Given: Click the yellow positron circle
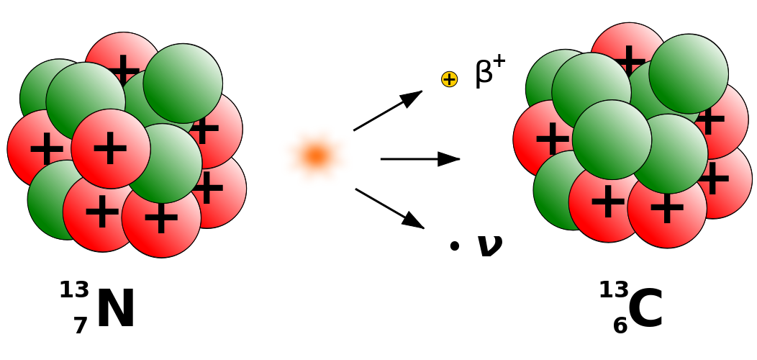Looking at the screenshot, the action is pyautogui.click(x=450, y=79).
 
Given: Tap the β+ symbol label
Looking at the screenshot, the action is pyautogui.click(x=490, y=73).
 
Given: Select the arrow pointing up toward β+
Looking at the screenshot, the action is pyautogui.click(x=388, y=111).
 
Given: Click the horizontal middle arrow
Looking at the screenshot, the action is pyautogui.click(x=420, y=158).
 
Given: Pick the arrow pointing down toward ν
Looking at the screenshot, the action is pyautogui.click(x=389, y=208).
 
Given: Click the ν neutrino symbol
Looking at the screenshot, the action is pyautogui.click(x=490, y=246).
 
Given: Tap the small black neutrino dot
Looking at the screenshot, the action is pyautogui.click(x=454, y=246).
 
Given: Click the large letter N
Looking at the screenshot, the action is pyautogui.click(x=116, y=309).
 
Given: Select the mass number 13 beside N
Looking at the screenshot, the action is pyautogui.click(x=74, y=290).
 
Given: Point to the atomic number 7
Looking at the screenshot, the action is pyautogui.click(x=81, y=325).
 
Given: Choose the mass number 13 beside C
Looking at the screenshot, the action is pyautogui.click(x=614, y=290).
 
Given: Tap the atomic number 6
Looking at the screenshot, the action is pyautogui.click(x=621, y=325).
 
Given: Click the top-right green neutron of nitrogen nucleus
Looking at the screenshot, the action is pyautogui.click(x=183, y=83).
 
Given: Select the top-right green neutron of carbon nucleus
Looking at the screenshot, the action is pyautogui.click(x=689, y=73).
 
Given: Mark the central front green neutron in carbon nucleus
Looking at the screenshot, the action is pyautogui.click(x=612, y=140).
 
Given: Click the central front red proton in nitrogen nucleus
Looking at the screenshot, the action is pyautogui.click(x=111, y=148).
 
